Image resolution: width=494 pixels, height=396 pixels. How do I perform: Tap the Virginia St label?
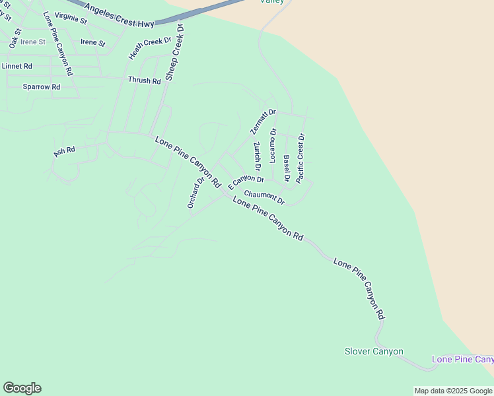tap(71, 18)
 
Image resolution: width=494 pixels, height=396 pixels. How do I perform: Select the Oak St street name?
tap(15, 36)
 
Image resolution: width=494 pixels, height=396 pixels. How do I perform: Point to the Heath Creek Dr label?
tap(145, 49)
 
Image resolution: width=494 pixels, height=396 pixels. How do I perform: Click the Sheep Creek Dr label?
tap(174, 52)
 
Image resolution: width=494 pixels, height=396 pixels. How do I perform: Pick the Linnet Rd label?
tap(17, 66)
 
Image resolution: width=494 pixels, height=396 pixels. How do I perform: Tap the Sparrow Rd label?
tap(42, 86)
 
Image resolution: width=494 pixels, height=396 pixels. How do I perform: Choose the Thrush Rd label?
tap(145, 81)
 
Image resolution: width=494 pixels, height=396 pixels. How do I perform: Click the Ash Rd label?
tap(64, 150)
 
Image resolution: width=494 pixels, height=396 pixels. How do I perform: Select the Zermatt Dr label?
tap(263, 121)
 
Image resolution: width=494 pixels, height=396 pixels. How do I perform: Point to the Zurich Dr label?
tap(257, 154)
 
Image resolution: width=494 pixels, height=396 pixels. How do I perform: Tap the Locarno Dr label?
tap(273, 145)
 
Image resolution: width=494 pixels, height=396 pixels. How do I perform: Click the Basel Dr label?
tap(287, 168)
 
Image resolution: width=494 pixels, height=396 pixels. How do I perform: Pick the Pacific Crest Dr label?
tap(300, 158)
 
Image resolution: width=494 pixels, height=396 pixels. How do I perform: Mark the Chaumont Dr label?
tap(264, 197)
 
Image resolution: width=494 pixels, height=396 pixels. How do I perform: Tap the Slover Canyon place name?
tap(374, 351)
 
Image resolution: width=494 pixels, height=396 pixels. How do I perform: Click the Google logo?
tap(22, 388)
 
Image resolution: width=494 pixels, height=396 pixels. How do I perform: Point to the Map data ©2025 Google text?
tap(454, 391)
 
